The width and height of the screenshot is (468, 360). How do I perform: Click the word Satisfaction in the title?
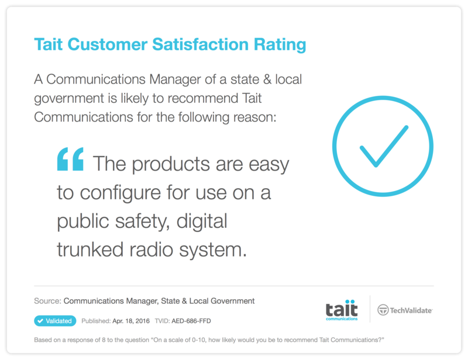(x=200, y=44)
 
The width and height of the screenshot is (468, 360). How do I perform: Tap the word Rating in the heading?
(x=280, y=45)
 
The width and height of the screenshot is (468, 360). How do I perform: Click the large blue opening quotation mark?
(x=70, y=160)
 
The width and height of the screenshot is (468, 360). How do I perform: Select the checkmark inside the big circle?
(x=384, y=146)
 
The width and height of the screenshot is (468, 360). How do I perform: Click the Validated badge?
(x=55, y=321)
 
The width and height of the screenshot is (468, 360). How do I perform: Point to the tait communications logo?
(x=342, y=310)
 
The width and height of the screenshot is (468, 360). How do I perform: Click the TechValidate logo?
(x=405, y=310)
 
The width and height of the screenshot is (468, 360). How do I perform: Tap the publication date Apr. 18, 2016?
(x=131, y=321)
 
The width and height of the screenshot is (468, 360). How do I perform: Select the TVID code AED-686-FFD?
(x=191, y=321)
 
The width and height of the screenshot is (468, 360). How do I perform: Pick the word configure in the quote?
(x=121, y=193)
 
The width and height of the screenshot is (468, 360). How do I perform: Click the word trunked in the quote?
(x=90, y=250)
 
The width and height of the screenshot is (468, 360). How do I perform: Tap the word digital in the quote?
(x=202, y=221)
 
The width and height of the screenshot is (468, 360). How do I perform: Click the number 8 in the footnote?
(x=104, y=340)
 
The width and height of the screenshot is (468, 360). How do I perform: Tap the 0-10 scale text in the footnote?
(x=197, y=340)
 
